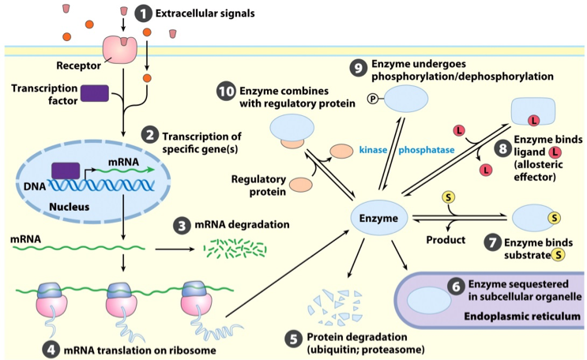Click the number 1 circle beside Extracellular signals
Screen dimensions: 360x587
143,13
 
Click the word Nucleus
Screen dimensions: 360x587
67,207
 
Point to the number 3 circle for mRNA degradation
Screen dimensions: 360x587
182,225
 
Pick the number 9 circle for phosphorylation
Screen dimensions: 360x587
357,69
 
